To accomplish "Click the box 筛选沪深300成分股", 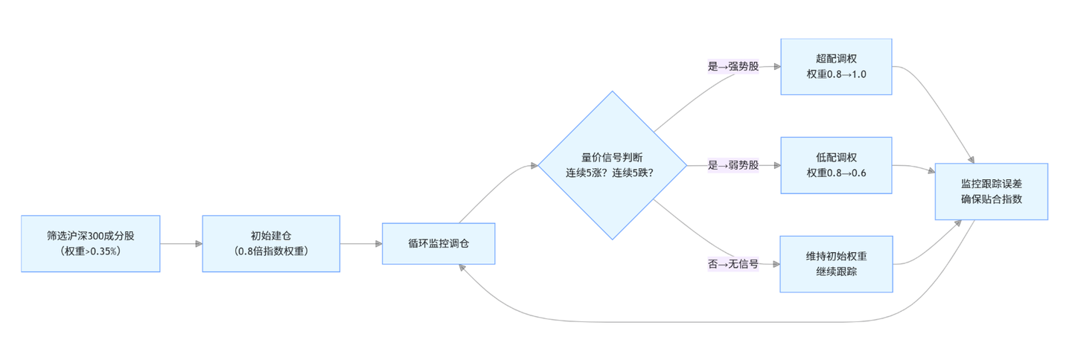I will [x=91, y=243].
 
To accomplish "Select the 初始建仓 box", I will [x=271, y=243].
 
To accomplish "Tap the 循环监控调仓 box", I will [x=438, y=243].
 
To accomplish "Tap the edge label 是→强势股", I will [x=733, y=66].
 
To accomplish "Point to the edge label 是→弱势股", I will [x=733, y=165].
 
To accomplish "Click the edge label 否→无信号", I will [x=733, y=264].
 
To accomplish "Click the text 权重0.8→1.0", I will [x=836, y=74].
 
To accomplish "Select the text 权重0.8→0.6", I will [x=836, y=173].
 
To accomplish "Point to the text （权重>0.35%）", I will [x=91, y=251].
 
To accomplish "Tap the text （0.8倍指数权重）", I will [x=271, y=251].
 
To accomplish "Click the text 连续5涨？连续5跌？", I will [x=612, y=173].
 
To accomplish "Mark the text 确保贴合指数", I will [x=992, y=199].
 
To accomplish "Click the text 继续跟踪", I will [x=836, y=272].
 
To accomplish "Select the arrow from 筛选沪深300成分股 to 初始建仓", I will [x=181, y=243].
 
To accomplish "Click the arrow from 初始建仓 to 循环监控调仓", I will [x=361, y=243].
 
